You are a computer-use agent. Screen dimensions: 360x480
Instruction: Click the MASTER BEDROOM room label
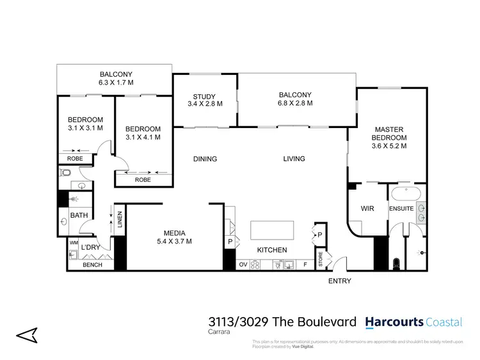pyautogui.click(x=390, y=137)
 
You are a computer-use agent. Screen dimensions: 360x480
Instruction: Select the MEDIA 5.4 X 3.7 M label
pyautogui.click(x=174, y=237)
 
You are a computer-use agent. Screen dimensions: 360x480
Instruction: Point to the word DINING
pyautogui.click(x=205, y=159)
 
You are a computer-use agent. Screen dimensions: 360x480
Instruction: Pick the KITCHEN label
pyautogui.click(x=272, y=250)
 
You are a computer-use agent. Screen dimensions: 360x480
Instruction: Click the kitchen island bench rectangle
pyautogui.click(x=273, y=229)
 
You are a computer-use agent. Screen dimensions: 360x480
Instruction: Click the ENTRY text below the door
pyautogui.click(x=339, y=281)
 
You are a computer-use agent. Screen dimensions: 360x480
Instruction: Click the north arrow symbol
pyautogui.click(x=27, y=334)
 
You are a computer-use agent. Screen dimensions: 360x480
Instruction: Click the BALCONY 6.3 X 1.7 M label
pyautogui.click(x=115, y=78)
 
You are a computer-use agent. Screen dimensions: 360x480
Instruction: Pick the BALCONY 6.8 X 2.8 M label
pyautogui.click(x=295, y=99)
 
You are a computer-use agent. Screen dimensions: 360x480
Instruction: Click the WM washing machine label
pyautogui.click(x=73, y=243)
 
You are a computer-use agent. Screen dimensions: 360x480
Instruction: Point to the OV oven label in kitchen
pyautogui.click(x=243, y=264)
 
